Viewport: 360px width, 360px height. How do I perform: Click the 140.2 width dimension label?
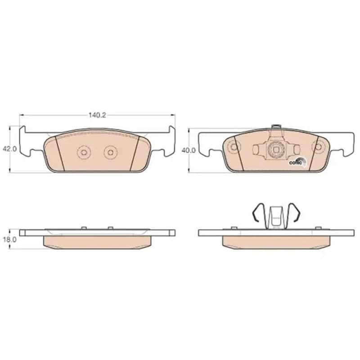click(x=97, y=115)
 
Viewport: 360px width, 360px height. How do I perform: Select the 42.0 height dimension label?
click(x=9, y=149)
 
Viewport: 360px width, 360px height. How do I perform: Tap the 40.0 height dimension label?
click(x=189, y=150)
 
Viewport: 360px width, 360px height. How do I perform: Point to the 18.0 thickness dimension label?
click(x=9, y=239)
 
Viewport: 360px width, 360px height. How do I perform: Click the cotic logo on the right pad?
click(x=297, y=162)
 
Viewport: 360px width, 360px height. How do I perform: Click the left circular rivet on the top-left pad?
click(x=84, y=152)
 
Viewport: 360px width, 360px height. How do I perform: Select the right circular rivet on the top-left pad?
click(x=111, y=152)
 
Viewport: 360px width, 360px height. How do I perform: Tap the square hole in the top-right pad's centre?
click(x=276, y=150)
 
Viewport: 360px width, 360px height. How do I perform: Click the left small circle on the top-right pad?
click(x=234, y=147)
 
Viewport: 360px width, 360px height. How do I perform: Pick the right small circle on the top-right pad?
click(x=319, y=147)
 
